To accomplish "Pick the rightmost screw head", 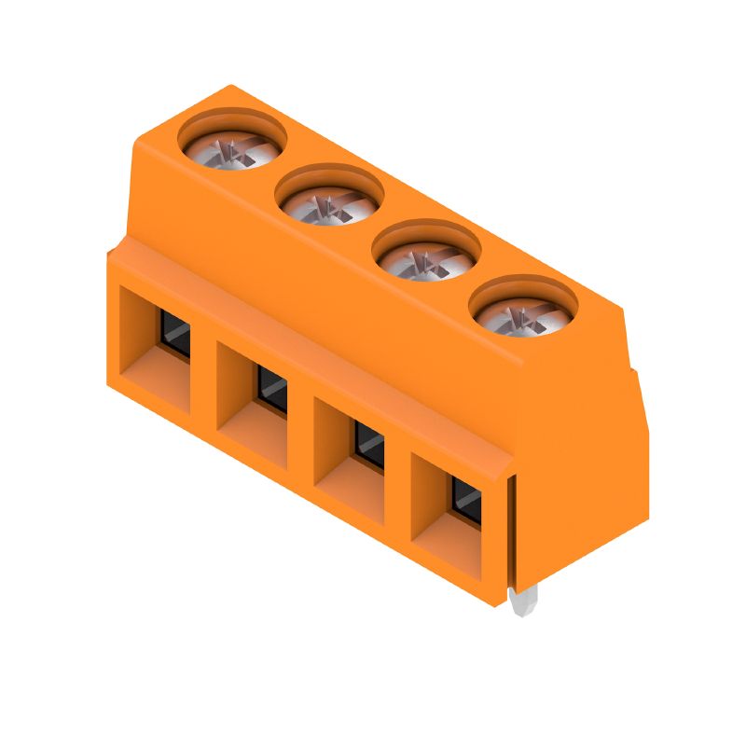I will click(522, 311).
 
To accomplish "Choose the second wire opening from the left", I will click(253, 401).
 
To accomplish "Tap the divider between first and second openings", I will click(203, 373).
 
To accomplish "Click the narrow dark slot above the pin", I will click(511, 532).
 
